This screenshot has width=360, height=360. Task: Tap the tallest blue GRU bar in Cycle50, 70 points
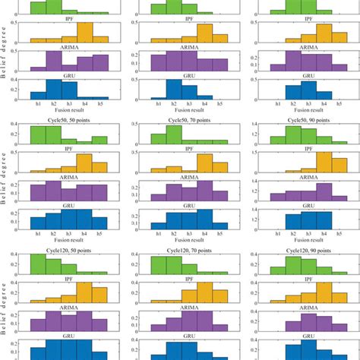205,219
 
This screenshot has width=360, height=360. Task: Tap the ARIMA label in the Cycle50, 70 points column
189,177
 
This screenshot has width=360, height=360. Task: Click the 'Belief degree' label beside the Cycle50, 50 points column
5,175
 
